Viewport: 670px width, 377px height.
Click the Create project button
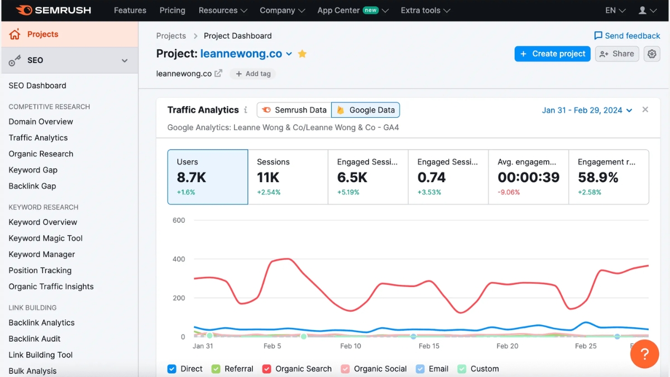click(x=552, y=54)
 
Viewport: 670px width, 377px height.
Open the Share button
click(x=616, y=54)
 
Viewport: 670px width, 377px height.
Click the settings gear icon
click(x=652, y=54)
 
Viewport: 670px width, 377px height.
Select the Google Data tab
click(x=366, y=110)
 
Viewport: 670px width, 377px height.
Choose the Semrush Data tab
click(x=294, y=110)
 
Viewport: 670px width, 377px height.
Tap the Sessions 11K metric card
click(x=288, y=176)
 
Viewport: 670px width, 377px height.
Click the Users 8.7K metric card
click(x=208, y=176)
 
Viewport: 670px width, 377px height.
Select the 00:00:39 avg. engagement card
click(x=528, y=176)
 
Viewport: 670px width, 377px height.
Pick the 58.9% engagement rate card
click(x=609, y=176)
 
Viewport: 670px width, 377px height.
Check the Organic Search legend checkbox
click(x=267, y=369)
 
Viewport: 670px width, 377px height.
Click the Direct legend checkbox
click(x=172, y=369)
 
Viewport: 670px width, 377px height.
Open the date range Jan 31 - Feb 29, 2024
click(x=587, y=110)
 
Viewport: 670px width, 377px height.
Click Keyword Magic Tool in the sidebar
click(x=46, y=238)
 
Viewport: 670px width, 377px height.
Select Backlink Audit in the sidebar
click(x=35, y=338)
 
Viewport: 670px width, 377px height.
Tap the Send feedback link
click(x=626, y=36)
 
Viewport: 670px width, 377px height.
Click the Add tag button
click(x=253, y=74)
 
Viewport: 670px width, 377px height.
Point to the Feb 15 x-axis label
click(x=429, y=346)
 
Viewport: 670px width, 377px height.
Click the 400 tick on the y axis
click(x=179, y=259)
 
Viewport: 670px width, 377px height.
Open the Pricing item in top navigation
click(x=173, y=10)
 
